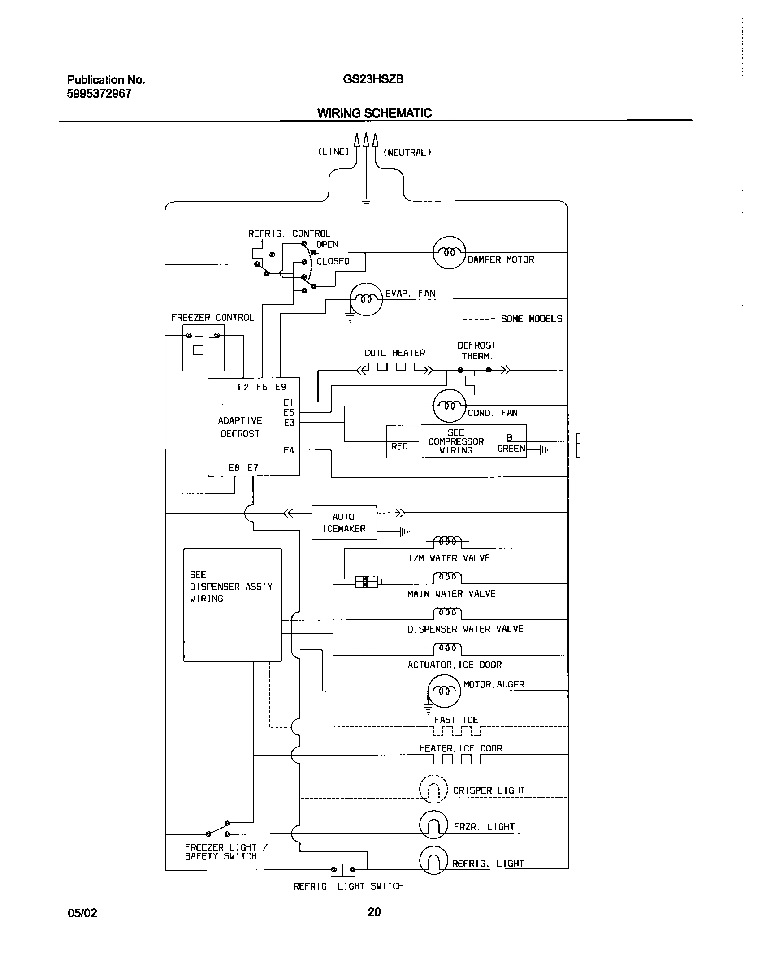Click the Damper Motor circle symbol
[449, 252]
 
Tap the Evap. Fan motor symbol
[366, 299]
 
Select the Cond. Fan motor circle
[449, 406]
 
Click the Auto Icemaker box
[344, 523]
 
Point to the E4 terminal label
[289, 450]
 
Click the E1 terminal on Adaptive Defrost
[288, 402]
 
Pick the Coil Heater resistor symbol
[395, 369]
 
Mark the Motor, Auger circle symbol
[444, 691]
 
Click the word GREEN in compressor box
[511, 449]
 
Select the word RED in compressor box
[399, 446]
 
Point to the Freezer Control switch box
[203, 348]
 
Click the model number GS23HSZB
[373, 79]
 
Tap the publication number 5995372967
[99, 93]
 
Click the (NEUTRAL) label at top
[407, 153]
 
